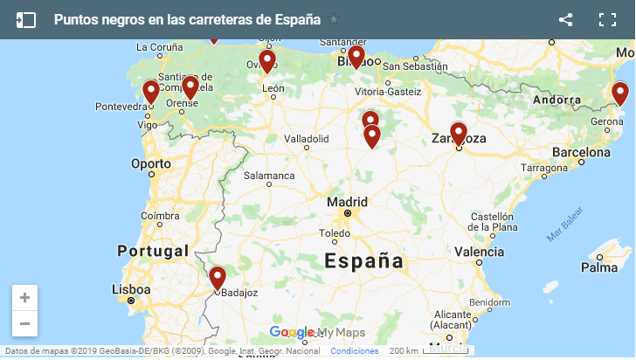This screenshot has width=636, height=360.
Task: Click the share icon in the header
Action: [x=565, y=20]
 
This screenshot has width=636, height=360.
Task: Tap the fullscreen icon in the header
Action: [x=607, y=20]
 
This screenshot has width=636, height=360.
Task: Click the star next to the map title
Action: [x=334, y=20]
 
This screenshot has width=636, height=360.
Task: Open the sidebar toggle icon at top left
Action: [x=25, y=20]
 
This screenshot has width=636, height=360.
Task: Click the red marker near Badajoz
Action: [x=218, y=278]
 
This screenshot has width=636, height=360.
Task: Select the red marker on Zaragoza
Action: [x=459, y=133]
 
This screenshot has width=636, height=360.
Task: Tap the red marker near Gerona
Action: [x=619, y=93]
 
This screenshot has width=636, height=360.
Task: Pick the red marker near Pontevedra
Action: [x=151, y=92]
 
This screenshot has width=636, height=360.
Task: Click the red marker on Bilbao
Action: [x=356, y=57]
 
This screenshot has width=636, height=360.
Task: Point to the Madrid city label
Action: [x=347, y=202]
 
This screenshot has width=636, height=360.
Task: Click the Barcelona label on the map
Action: [x=581, y=151]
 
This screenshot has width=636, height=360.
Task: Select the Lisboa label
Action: [x=131, y=289]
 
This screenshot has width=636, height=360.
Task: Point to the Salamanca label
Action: [x=269, y=176]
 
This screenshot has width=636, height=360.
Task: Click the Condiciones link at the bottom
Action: [x=355, y=350]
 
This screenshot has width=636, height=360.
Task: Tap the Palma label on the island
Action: [x=599, y=268]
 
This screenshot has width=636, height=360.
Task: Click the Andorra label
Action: [x=556, y=99]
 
